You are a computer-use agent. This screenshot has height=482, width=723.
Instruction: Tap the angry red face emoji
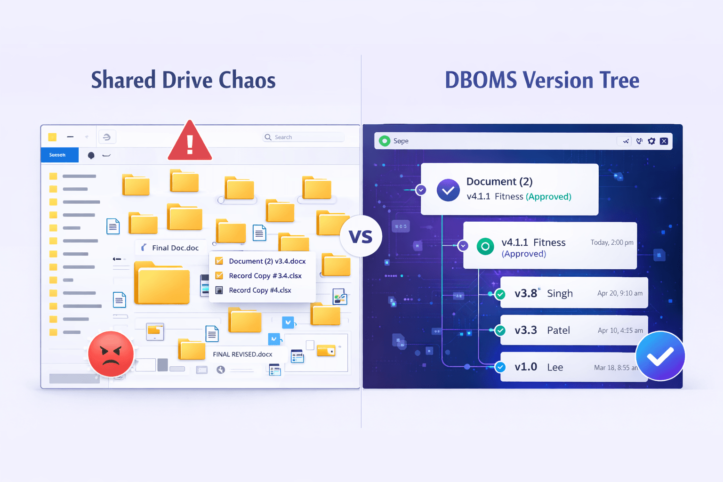tap(111, 354)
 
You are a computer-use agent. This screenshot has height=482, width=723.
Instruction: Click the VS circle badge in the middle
tap(361, 236)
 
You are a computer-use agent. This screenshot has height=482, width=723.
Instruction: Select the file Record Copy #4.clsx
tap(260, 290)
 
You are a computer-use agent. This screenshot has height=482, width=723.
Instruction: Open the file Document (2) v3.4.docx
tap(267, 261)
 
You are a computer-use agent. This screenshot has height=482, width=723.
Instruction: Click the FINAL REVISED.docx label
tap(242, 354)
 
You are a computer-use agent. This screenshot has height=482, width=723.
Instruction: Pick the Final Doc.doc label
tap(175, 248)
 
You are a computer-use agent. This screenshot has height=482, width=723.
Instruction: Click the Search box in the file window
tap(304, 137)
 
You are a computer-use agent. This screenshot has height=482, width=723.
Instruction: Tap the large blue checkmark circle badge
tap(660, 356)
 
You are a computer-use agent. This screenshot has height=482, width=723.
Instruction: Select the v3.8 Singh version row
tap(574, 293)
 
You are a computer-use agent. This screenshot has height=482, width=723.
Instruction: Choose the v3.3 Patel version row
tap(574, 330)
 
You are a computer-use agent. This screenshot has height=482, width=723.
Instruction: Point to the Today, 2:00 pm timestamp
tap(612, 242)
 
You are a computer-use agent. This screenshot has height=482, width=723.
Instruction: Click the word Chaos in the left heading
tap(247, 80)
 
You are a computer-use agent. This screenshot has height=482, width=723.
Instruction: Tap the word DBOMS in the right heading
tap(481, 80)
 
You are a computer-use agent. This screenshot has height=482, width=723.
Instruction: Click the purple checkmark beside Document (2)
tap(448, 190)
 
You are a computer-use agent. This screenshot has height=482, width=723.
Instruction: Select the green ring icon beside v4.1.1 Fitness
tap(485, 246)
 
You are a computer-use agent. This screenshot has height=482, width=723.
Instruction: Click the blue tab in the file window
tap(60, 155)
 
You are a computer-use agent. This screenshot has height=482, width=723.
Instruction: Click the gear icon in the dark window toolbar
tap(651, 141)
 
